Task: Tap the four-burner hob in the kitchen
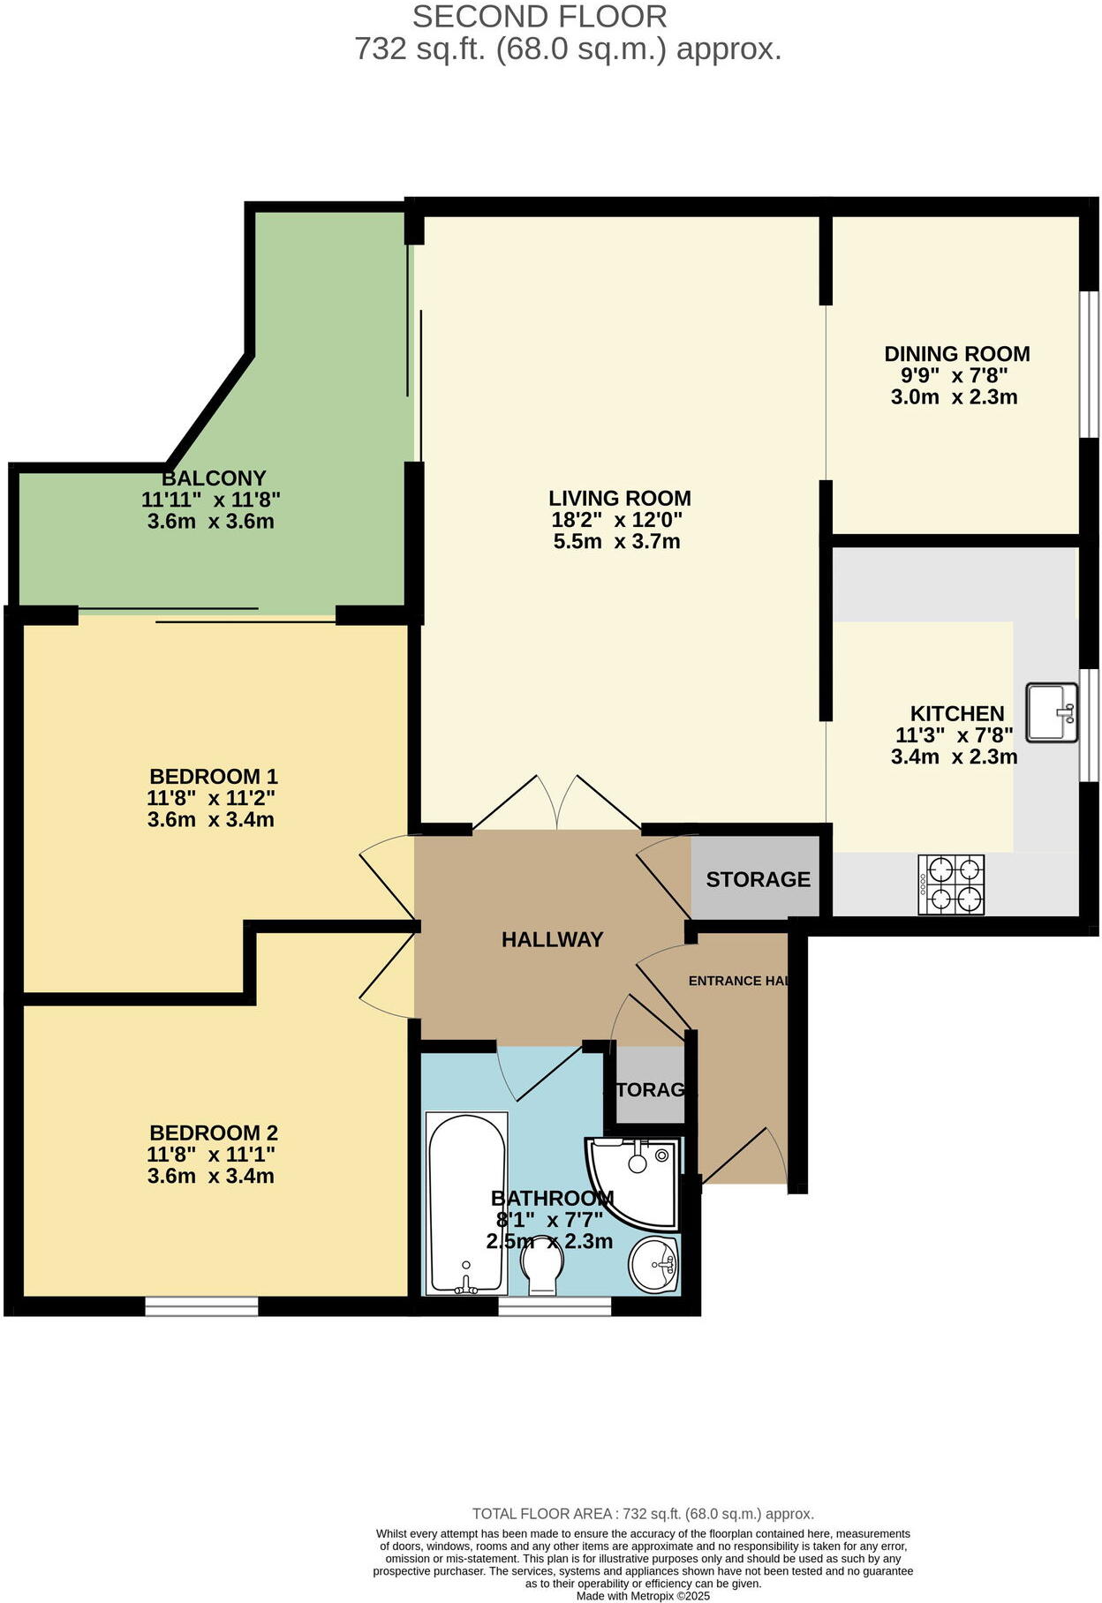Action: (951, 884)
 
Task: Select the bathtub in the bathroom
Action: (466, 1204)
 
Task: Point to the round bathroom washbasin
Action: (653, 1264)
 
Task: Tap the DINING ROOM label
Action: (956, 354)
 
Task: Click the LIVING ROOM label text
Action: (619, 498)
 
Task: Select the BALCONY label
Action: (214, 478)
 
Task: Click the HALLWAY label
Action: (552, 939)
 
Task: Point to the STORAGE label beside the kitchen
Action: (758, 879)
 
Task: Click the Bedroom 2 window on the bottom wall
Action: (201, 1306)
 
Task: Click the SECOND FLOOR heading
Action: (540, 16)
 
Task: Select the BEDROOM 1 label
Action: (214, 777)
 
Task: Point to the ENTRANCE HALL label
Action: (737, 981)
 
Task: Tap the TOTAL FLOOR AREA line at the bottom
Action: (643, 1514)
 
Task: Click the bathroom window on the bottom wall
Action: (555, 1306)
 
